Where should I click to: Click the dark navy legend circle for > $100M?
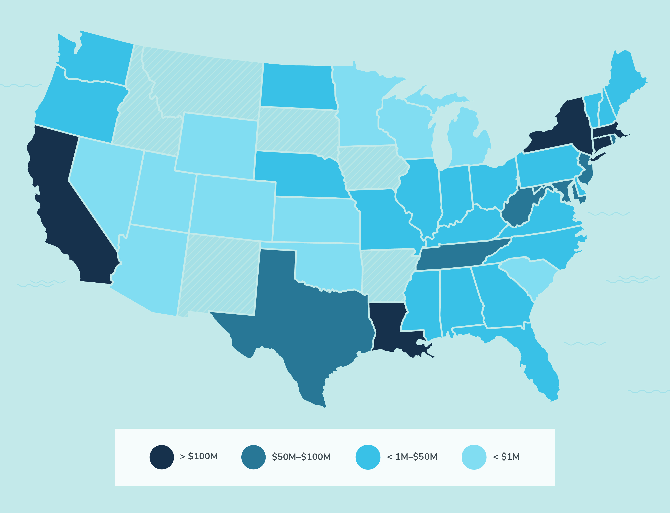pos(162,457)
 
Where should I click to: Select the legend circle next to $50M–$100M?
pos(253,457)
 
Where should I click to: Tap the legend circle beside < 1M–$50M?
pos(368,457)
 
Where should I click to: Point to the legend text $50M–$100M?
pos(301,457)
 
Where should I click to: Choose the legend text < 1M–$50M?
pos(412,457)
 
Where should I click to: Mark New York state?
pos(564,128)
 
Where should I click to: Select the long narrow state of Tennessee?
pos(458,253)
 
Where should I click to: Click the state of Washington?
pos(98,58)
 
